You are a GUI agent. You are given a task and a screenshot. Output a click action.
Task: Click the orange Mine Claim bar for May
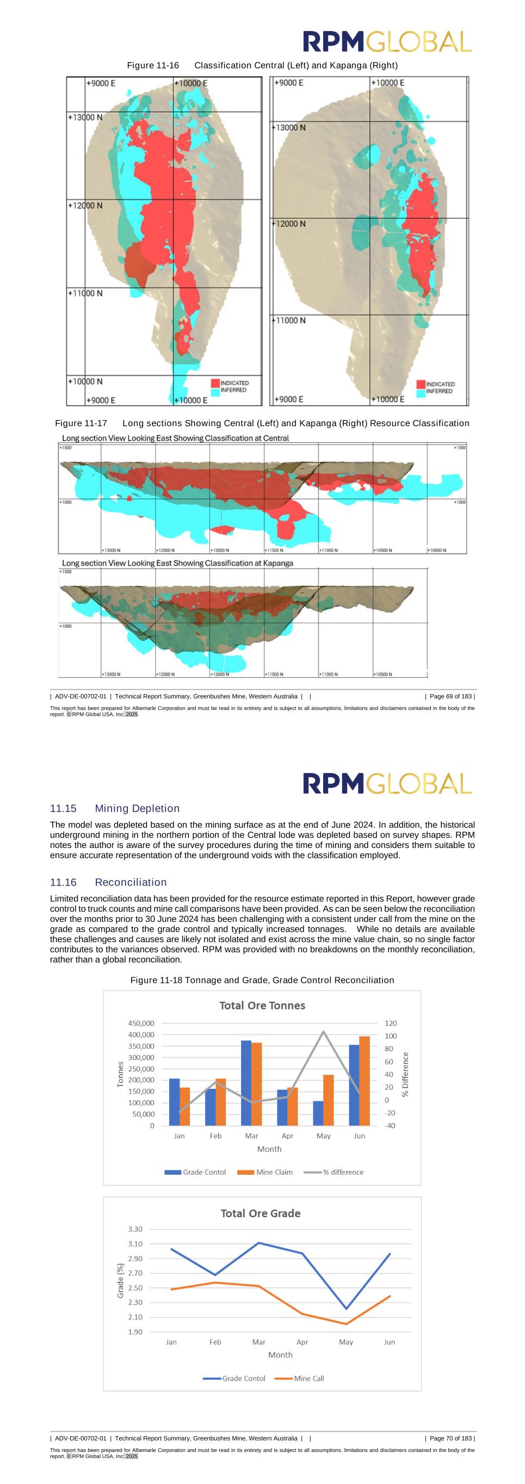point(329,1100)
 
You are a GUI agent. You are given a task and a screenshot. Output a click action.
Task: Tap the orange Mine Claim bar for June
point(364,1081)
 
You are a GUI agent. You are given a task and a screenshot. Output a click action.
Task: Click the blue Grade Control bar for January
point(174,1101)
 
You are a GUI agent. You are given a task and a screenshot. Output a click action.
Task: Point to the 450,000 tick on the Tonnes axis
point(141,1023)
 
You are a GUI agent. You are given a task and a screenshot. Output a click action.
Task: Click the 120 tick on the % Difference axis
point(390,1023)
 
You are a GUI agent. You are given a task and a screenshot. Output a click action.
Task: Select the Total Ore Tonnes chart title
point(262,1005)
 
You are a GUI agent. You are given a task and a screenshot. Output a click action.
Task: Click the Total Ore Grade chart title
point(261,1213)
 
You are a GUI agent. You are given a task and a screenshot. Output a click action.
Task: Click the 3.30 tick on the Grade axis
point(135,1230)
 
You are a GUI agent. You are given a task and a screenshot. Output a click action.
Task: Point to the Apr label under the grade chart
point(302,1342)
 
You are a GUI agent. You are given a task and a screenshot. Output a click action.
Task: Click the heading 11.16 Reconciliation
point(108,882)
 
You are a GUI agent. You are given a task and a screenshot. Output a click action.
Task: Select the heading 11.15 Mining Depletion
point(115,808)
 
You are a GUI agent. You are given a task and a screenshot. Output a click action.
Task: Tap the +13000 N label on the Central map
point(85,117)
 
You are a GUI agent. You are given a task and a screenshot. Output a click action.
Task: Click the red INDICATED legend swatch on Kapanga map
point(421,384)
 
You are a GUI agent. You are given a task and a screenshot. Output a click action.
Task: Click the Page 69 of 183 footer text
point(451,696)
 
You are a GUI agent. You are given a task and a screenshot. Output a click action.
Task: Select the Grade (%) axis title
point(120,1281)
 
